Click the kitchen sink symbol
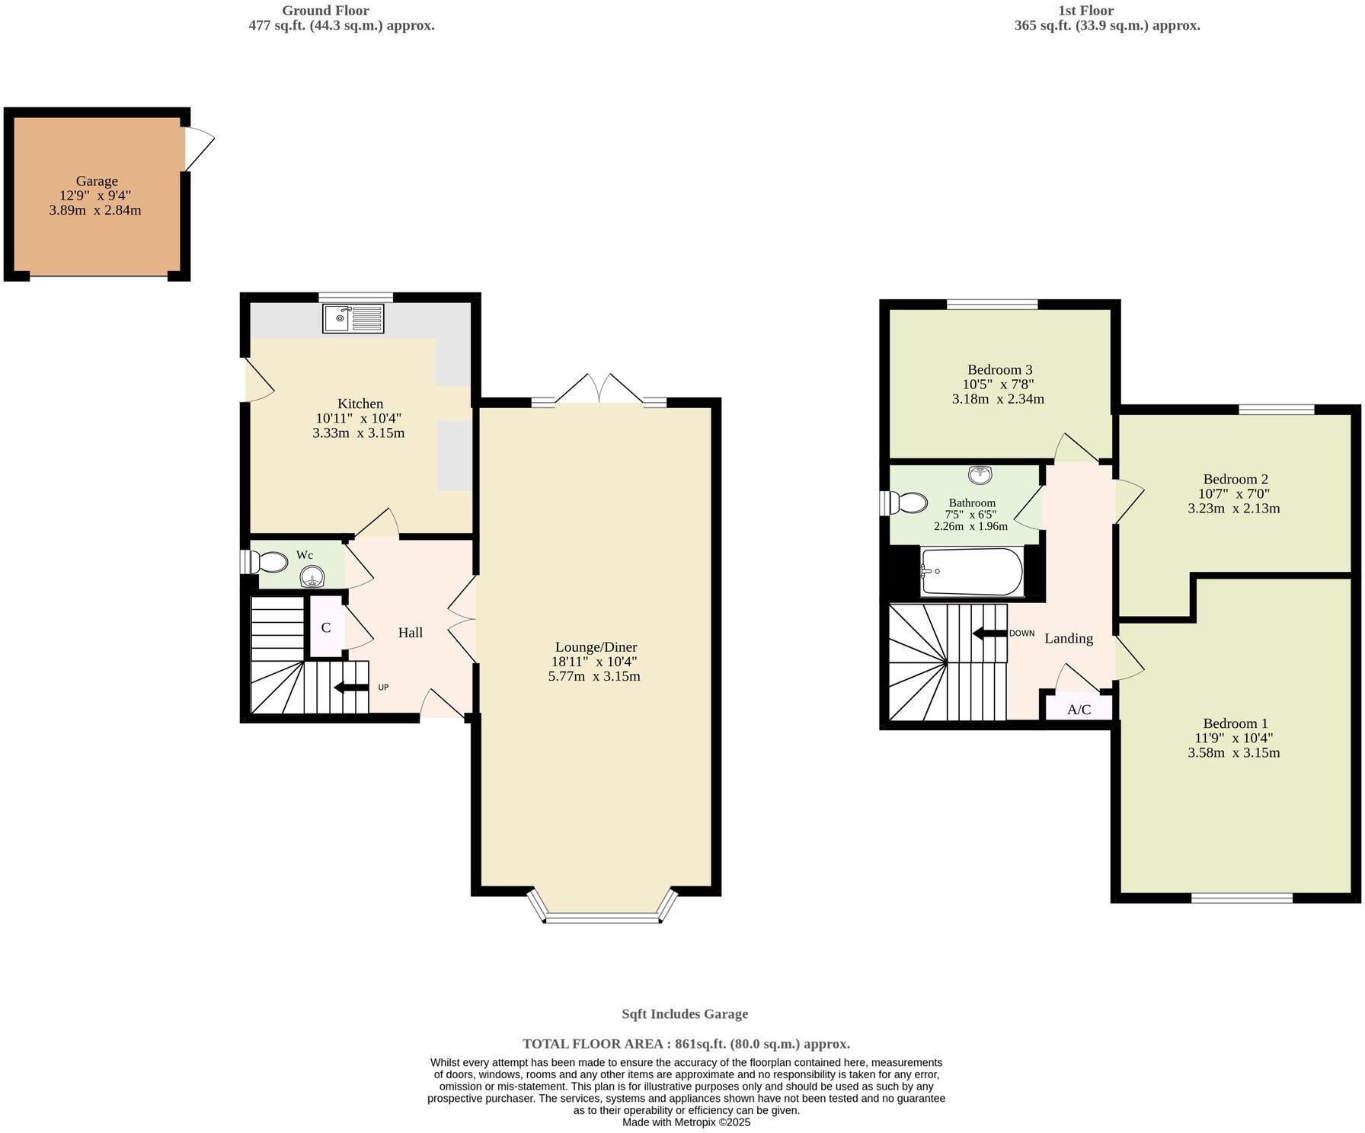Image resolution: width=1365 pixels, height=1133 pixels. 353,318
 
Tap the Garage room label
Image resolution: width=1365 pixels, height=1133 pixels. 97,181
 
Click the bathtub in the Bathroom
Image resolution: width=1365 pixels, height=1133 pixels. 970,572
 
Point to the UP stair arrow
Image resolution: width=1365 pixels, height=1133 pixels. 351,688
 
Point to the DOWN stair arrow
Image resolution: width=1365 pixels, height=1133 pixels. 989,634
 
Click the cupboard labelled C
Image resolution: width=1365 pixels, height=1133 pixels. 326,627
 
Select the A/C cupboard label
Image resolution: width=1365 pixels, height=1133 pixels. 1079,710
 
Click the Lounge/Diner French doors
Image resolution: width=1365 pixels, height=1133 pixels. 599,390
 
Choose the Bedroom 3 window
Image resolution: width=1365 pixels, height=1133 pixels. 992,305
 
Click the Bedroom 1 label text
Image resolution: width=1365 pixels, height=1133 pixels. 1236,723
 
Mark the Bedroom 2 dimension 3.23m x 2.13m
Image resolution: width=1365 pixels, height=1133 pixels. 1234,509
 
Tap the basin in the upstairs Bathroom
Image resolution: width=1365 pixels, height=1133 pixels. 980,474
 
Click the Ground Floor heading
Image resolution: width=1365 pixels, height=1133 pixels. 325,11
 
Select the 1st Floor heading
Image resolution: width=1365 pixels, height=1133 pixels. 1085,11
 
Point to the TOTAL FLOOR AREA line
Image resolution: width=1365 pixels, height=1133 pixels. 686,1044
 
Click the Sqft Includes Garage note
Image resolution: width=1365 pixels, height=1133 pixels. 685,1013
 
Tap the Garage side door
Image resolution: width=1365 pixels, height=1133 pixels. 198,148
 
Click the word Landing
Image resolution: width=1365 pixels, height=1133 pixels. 1068,638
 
